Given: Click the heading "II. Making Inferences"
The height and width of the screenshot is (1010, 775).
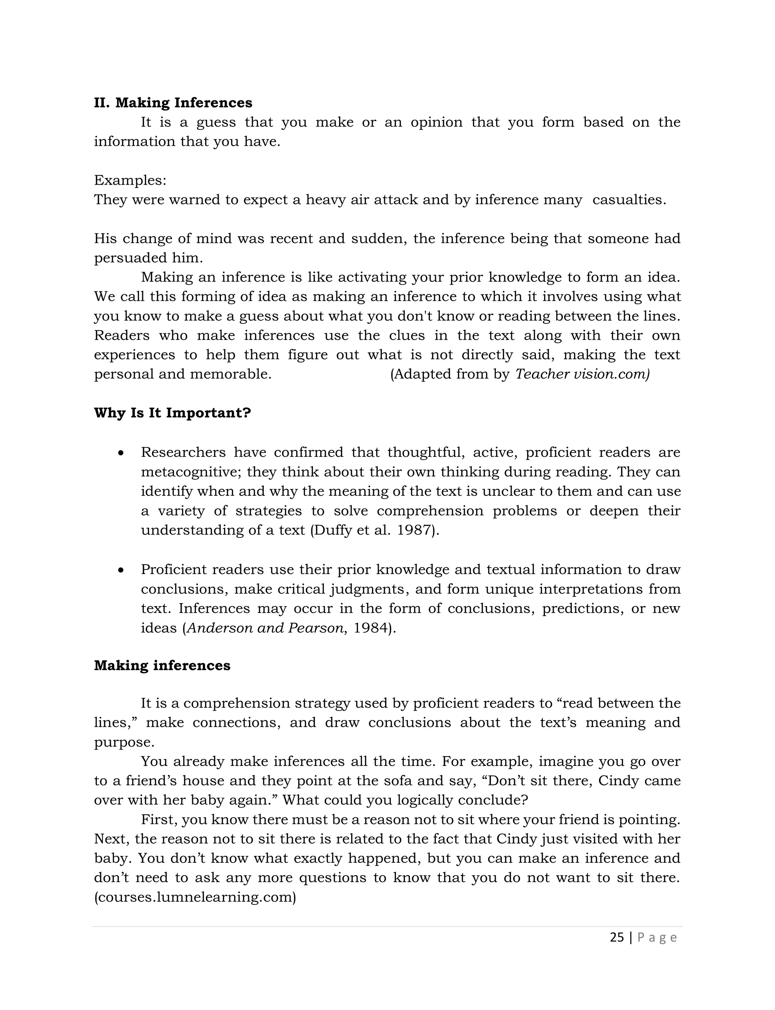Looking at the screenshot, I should click(x=173, y=103).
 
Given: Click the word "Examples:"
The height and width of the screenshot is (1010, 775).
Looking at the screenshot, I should click(x=130, y=181).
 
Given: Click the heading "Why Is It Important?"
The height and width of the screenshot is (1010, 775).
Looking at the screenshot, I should click(x=173, y=413).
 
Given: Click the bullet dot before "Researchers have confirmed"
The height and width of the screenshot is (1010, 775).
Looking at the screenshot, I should click(x=121, y=453).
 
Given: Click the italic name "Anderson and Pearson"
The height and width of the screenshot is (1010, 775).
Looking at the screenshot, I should click(x=265, y=628).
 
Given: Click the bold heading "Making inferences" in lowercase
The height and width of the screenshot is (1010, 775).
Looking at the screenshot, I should click(x=162, y=666).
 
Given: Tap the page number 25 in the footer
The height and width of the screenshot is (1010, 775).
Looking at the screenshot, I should click(x=616, y=938).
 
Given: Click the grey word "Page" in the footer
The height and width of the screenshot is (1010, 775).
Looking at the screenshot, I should click(x=657, y=938).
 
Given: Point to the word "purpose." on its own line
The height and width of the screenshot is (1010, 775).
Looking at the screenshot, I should click(x=124, y=742).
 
